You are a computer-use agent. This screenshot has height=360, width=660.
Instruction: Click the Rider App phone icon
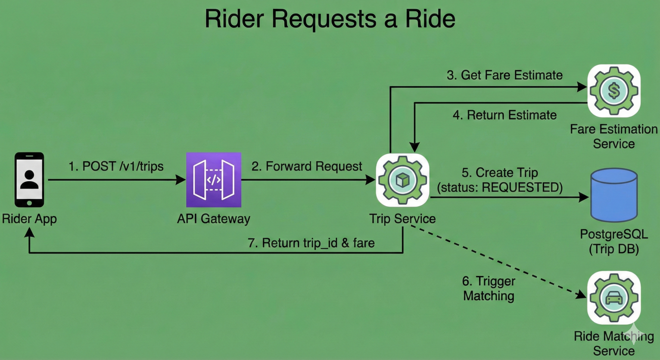pyautogui.click(x=29, y=180)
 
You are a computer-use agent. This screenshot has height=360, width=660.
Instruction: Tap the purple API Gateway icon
pyautogui.click(x=214, y=180)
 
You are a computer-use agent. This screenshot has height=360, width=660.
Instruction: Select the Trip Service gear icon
pyautogui.click(x=403, y=180)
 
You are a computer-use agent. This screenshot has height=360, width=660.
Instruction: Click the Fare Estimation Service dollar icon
pyautogui.click(x=614, y=91)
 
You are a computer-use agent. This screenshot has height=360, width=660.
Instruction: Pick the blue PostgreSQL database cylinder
pyautogui.click(x=614, y=195)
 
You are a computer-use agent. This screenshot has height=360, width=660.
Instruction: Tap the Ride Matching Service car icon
pyautogui.click(x=614, y=298)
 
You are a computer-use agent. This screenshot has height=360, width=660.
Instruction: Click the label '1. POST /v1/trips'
pyautogui.click(x=116, y=166)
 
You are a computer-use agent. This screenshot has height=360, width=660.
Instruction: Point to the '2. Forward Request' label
pyautogui.click(x=307, y=166)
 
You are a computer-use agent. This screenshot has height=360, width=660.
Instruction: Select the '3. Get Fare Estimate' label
pyautogui.click(x=505, y=75)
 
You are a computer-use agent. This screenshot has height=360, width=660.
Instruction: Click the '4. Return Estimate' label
pyautogui.click(x=505, y=115)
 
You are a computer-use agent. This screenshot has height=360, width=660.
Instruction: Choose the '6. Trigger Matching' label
pyautogui.click(x=489, y=288)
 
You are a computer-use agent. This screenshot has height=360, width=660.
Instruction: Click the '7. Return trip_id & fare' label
pyautogui.click(x=311, y=243)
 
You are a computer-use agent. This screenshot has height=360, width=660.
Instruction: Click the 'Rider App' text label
pyautogui.click(x=29, y=219)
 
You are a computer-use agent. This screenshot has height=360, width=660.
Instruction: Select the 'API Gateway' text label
pyautogui.click(x=214, y=219)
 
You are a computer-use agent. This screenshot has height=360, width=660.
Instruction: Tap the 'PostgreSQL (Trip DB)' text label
pyautogui.click(x=614, y=242)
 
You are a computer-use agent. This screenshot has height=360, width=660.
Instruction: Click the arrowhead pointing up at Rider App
pyautogui.click(x=29, y=232)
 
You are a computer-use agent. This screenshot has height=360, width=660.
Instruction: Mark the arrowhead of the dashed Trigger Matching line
pyautogui.click(x=581, y=295)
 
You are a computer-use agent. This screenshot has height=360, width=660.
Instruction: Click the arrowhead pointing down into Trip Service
pyautogui.click(x=414, y=147)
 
